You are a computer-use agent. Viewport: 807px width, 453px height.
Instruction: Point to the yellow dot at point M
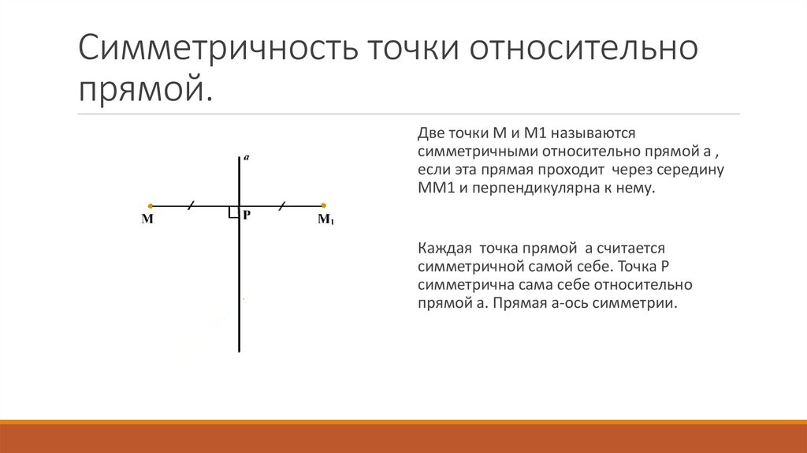point(151,206)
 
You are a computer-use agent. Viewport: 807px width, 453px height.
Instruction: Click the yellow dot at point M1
point(324,206)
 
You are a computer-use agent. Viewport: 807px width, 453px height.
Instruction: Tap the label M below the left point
point(147,220)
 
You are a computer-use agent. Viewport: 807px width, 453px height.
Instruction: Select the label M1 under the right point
point(325,220)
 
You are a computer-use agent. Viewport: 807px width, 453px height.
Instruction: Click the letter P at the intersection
point(247,215)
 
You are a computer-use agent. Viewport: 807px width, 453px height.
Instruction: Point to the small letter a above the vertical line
point(247,158)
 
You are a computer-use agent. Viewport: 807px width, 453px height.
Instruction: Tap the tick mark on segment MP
point(191,206)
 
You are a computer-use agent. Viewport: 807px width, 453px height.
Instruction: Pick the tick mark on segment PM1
point(283,206)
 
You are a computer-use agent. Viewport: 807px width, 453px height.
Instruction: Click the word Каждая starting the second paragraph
point(444,246)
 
